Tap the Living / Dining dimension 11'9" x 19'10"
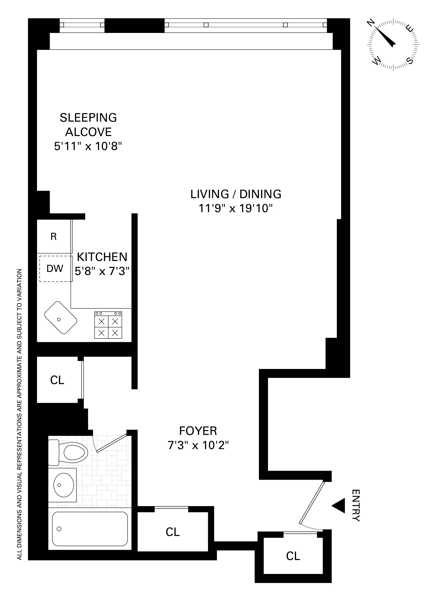236,209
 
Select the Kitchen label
102,257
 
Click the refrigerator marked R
54,237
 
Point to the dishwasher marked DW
55,269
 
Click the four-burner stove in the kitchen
108,325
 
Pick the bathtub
90,529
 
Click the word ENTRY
356,505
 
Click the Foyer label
198,431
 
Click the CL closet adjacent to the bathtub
173,532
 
